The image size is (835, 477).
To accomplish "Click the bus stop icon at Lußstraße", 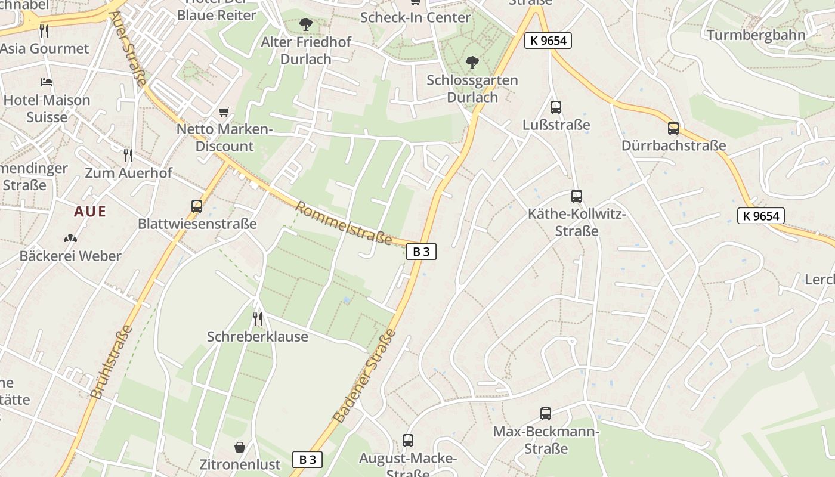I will (x=555, y=107).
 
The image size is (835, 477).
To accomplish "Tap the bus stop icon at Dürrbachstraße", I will (x=673, y=128).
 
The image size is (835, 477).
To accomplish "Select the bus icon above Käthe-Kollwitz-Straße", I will (x=576, y=196).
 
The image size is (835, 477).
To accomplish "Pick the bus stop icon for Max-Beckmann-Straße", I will (x=545, y=414).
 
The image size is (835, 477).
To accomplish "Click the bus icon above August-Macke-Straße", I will (x=408, y=441).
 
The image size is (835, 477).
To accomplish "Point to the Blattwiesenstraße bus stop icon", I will (x=197, y=206).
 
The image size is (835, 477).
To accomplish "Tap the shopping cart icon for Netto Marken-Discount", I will (x=224, y=111).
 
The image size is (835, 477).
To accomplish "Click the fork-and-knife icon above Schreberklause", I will (x=258, y=318).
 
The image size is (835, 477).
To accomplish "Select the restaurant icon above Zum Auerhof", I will (x=128, y=156).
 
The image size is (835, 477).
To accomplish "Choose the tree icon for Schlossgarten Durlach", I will (x=472, y=62).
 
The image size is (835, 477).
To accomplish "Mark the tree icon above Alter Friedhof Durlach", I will (x=306, y=24).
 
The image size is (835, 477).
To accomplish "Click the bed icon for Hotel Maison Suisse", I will (x=47, y=82).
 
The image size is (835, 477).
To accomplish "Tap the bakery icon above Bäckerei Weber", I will (x=70, y=238).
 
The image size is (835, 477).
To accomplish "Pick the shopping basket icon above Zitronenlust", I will (x=239, y=447).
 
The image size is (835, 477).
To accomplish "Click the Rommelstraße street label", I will (x=344, y=224).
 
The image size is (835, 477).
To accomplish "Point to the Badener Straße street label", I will (x=366, y=377).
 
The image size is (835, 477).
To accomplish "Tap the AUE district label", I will (x=90, y=211).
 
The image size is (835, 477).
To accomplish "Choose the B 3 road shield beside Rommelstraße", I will (x=421, y=252).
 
